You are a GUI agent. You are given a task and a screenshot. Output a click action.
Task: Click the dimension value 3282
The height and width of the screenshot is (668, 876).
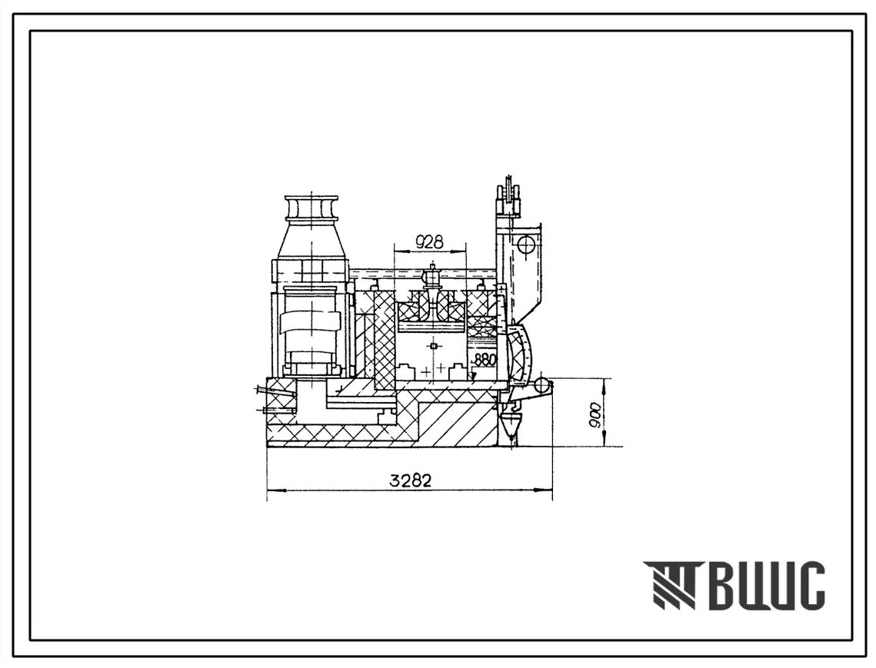[411, 480]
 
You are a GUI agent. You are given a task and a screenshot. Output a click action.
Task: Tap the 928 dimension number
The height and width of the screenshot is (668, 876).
[430, 241]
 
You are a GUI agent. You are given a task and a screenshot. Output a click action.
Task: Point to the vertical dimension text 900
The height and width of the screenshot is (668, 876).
[596, 414]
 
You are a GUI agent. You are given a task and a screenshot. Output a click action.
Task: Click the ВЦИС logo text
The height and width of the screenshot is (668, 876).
[769, 585]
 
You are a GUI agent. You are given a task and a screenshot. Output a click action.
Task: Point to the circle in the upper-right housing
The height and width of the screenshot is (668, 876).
[526, 244]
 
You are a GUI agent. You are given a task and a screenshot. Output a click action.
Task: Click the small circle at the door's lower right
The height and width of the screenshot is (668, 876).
[542, 385]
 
